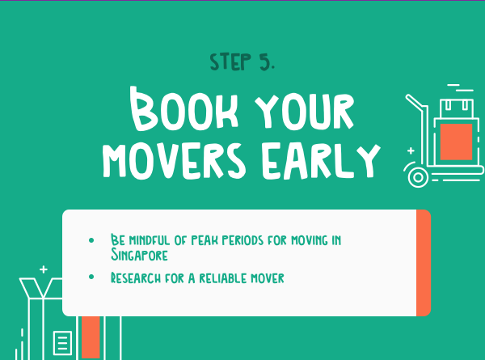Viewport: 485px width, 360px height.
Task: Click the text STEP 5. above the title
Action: point(242,62)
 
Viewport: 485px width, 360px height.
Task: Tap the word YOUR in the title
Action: point(305,111)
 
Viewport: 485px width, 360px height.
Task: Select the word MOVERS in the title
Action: point(174,162)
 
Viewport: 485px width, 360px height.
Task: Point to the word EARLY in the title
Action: point(321,162)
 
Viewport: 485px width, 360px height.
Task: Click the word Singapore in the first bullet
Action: point(139,255)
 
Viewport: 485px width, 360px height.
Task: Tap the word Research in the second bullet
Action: point(136,277)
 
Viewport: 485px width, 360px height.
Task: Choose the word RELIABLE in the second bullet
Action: point(222,278)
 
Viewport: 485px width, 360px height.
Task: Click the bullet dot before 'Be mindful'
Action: point(91,240)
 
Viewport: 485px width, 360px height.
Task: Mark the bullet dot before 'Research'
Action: point(91,277)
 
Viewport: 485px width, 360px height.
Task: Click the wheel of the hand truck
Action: point(418,177)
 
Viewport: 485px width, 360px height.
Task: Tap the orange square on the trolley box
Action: point(456,142)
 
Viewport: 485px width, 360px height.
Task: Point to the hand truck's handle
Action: point(416,103)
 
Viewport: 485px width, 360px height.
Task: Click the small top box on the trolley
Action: point(457,108)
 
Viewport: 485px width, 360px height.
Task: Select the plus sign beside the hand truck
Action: point(411,150)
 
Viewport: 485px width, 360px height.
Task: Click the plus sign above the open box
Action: point(44,269)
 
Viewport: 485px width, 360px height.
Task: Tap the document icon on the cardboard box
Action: point(62,343)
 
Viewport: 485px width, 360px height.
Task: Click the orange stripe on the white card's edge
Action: point(424,263)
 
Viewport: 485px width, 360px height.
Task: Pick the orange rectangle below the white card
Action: point(91,337)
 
